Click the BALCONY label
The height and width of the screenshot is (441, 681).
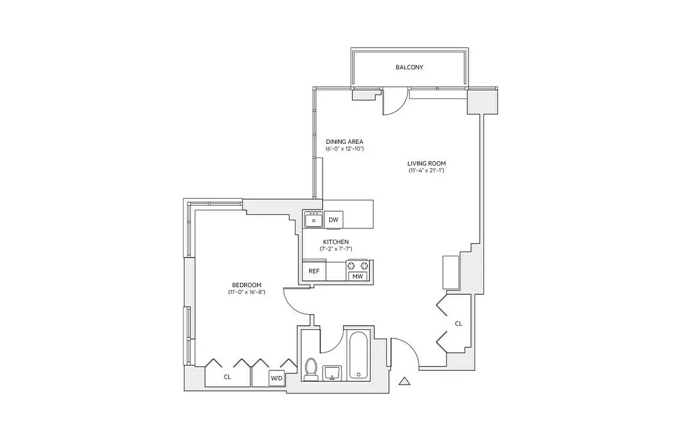[409, 67]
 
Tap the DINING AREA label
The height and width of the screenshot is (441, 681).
[344, 142]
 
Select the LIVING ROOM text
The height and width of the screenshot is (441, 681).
[426, 163]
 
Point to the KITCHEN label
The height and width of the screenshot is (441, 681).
[336, 242]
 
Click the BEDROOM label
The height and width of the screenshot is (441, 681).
[247, 285]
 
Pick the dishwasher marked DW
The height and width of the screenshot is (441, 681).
[333, 220]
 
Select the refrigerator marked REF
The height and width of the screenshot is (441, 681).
[314, 271]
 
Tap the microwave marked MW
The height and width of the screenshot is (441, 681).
[357, 276]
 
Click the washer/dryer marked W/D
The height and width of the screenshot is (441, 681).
[276, 379]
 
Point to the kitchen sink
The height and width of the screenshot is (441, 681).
[314, 220]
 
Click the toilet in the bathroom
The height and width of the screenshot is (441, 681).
[311, 369]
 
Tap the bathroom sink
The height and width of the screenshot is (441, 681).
[332, 373]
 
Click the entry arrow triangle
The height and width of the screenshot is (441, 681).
[405, 380]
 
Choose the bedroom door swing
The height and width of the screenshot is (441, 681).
[296, 302]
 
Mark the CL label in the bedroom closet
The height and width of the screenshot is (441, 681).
[227, 378]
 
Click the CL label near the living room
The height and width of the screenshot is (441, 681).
[458, 324]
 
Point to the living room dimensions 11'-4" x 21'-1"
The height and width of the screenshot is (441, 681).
[426, 171]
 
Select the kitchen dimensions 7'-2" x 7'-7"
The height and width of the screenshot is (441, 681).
[336, 249]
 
